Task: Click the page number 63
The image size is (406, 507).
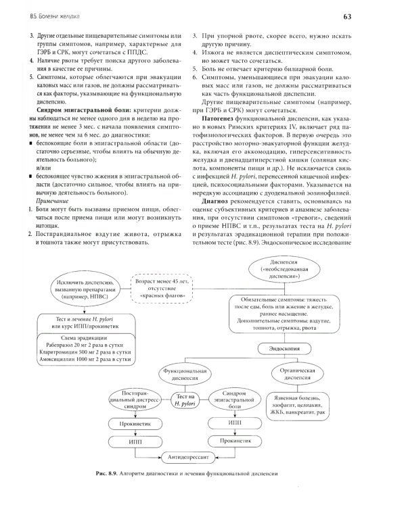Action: (386, 15)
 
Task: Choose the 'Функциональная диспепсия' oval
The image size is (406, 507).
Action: (180, 375)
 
